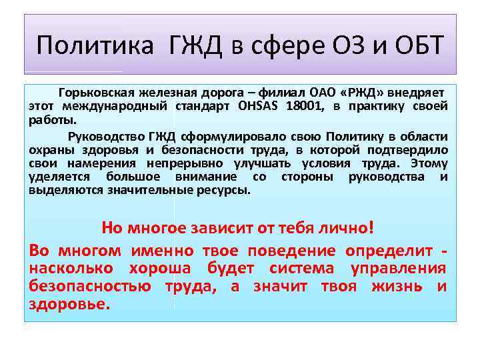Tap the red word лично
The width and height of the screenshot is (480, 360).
340,228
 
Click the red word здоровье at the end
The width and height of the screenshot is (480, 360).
67,304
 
